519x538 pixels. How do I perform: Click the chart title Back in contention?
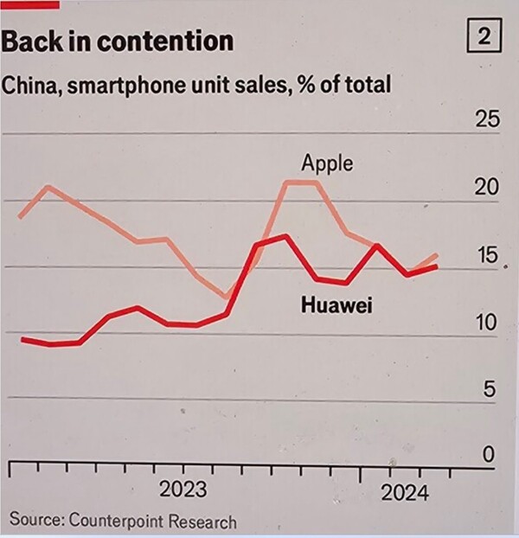tap(118, 41)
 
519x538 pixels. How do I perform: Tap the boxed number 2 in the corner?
tap(485, 38)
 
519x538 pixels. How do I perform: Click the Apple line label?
tap(327, 163)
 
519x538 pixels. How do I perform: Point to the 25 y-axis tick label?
tap(488, 119)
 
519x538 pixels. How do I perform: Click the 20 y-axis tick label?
tap(488, 188)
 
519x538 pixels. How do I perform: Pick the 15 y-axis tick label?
tap(488, 255)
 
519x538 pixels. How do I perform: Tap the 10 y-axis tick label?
tap(488, 323)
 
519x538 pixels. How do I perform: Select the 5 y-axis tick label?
tap(490, 389)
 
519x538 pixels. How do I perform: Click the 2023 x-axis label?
tap(183, 490)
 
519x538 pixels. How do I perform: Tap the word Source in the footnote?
tap(35, 522)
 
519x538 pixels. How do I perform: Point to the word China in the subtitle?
tap(28, 85)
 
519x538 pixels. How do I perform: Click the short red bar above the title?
tap(30, 4)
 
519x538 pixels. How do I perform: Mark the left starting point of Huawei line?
tap(22, 339)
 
